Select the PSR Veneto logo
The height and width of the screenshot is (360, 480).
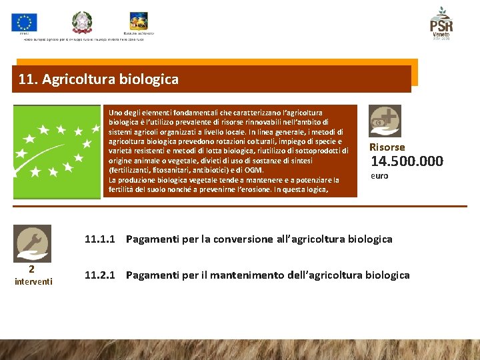click(441, 23)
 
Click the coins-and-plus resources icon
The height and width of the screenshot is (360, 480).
click(385, 121)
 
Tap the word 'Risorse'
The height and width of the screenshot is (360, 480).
click(387, 147)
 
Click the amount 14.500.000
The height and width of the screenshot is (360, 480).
click(407, 161)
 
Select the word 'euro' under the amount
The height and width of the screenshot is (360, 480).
click(379, 176)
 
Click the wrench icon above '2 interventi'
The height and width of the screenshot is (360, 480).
click(32, 242)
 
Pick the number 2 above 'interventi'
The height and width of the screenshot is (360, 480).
click(31, 269)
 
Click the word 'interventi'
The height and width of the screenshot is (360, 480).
click(32, 281)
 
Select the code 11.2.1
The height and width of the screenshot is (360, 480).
click(100, 275)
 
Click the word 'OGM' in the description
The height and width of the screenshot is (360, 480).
click(253, 170)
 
